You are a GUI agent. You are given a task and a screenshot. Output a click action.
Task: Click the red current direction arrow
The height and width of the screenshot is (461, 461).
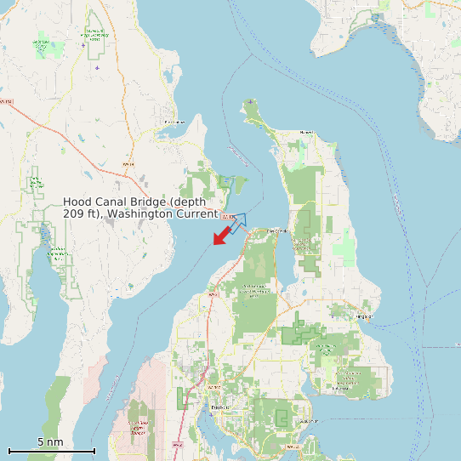click(x=222, y=236)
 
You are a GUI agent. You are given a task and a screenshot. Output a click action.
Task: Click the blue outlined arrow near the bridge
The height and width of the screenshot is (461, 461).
click(x=236, y=224)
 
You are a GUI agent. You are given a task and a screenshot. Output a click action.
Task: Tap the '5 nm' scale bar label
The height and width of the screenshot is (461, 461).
click(x=50, y=442)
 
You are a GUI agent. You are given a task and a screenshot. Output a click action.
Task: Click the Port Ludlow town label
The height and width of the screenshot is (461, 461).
click(x=174, y=122)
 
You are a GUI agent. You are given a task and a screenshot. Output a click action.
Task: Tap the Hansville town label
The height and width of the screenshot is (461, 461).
click(x=306, y=133)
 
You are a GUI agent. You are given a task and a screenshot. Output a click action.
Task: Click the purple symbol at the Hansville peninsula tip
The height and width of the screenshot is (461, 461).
click(x=251, y=102)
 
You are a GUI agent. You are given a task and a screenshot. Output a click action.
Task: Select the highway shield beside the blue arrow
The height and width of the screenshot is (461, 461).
click(x=226, y=217)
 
